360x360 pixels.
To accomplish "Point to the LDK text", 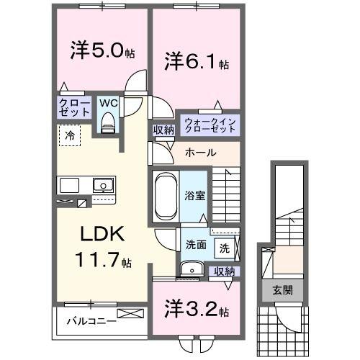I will (102, 235).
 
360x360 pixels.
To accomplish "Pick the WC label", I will (108, 104).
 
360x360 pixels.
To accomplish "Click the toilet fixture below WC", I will (108, 124).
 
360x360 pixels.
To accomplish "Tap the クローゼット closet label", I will (75, 107).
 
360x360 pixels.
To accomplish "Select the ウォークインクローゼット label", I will (210, 124).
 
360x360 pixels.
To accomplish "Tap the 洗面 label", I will (195, 244).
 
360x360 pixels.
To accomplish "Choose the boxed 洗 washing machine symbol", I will (224, 248).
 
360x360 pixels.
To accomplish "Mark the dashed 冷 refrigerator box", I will (70, 135).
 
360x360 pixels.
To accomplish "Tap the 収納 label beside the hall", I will (163, 130).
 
